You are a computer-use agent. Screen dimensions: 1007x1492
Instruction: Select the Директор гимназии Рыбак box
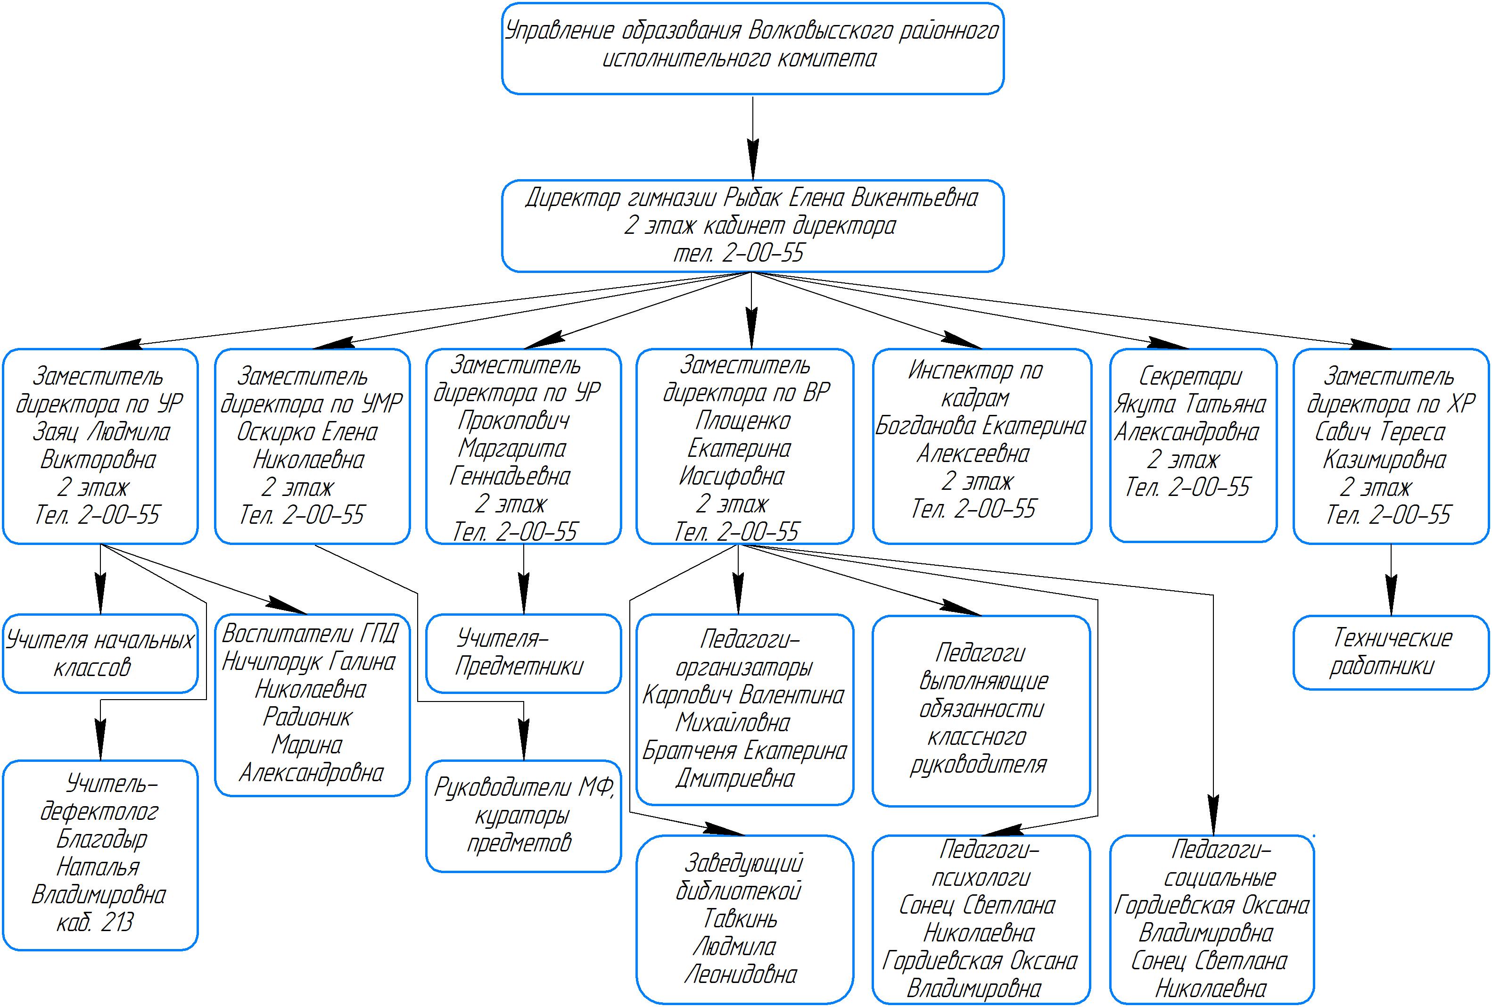point(752,225)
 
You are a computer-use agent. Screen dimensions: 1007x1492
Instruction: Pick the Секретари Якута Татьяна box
point(1193,446)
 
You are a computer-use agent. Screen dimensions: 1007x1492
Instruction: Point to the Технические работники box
point(1391,652)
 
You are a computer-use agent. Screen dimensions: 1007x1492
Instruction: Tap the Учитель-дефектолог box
point(100,855)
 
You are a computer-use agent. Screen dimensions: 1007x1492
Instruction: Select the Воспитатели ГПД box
point(312,704)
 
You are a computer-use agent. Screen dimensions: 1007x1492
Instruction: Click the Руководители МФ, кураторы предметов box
point(523,816)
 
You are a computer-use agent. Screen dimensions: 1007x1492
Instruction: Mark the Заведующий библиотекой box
point(745,918)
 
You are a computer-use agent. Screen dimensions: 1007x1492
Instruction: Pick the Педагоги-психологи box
point(981,918)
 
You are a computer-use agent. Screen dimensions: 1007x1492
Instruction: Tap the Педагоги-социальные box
point(1212,918)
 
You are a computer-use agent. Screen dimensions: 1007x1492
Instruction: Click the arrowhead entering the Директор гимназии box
point(752,165)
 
